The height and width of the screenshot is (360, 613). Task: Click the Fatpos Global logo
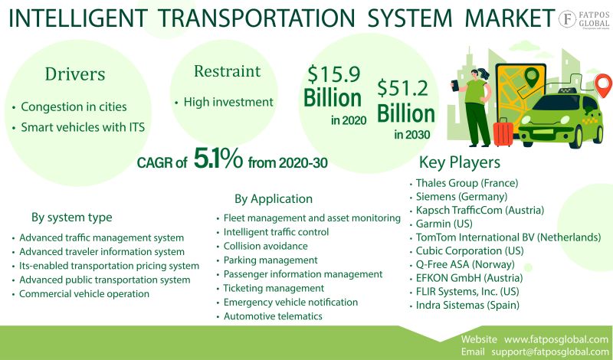coord(584,19)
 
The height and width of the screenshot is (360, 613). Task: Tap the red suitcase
coord(503,132)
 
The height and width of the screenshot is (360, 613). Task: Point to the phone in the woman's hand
coord(454,85)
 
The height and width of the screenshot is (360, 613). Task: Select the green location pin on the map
coord(531,77)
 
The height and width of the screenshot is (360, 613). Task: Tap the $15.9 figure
coord(334,74)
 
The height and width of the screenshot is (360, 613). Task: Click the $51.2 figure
coord(403,88)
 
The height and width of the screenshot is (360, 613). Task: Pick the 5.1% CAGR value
coord(218,159)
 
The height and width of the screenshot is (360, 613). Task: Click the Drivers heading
coord(75,74)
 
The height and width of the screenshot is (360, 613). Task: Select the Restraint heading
coord(227,71)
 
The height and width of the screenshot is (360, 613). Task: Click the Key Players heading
coord(459,162)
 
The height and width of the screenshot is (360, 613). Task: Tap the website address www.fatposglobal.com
coord(556,339)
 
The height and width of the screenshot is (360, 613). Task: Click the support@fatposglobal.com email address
coord(550,352)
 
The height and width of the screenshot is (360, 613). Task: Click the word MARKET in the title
coord(510,18)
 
